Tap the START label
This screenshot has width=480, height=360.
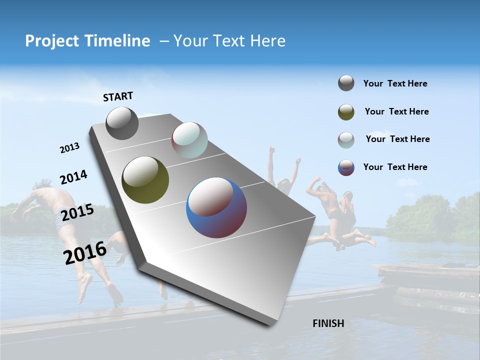(118, 96)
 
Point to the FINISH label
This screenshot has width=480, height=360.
(328, 323)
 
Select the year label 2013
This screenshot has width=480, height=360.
(69, 148)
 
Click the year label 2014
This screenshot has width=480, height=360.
(73, 177)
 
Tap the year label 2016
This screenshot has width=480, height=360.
(85, 253)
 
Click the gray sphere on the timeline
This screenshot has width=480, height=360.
(122, 123)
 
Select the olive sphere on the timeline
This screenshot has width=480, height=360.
(145, 180)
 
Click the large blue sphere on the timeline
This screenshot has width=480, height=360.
(216, 207)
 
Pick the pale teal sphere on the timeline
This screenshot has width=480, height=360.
(189, 140)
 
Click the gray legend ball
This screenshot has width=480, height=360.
(346, 83)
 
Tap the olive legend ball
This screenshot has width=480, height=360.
(346, 112)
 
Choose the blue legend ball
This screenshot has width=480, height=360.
(346, 167)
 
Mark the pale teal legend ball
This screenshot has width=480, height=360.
(346, 140)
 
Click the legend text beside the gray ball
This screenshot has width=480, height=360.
(395, 84)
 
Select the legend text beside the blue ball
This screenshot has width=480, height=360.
(395, 167)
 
